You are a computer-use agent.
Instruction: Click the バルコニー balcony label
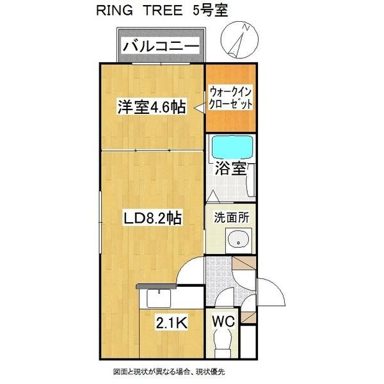click(160, 46)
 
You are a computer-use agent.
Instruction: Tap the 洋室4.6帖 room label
click(151, 107)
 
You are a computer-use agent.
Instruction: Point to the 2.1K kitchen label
click(172, 324)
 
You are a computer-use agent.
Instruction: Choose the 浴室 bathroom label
click(231, 170)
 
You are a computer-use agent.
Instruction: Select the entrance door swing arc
click(272, 291)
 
